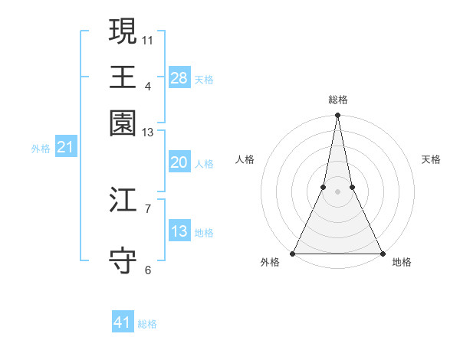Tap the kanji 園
123,123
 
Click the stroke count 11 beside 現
148,39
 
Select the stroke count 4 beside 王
148,86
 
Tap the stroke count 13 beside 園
148,133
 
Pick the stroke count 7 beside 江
148,208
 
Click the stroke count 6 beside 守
148,270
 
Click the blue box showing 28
179,77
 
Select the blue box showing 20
179,162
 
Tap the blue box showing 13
179,231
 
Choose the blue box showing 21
65,148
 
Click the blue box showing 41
123,322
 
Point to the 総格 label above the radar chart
337,100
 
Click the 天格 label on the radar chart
431,159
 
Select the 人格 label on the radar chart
245,159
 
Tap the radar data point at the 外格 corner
293,253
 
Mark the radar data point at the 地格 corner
382,253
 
